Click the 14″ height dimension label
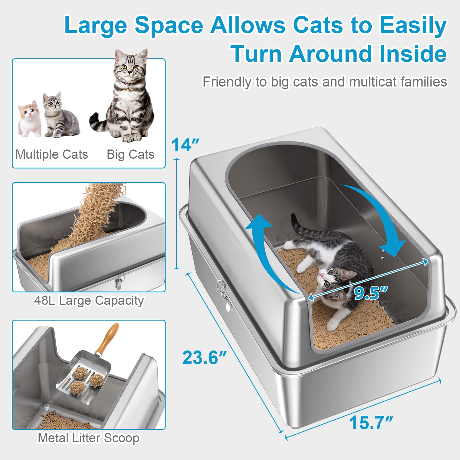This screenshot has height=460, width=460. coord(185,145)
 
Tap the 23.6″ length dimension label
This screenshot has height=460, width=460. coord(204,358)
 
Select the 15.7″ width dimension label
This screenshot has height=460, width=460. coord(371,423)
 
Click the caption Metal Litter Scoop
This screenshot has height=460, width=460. coord(89,438)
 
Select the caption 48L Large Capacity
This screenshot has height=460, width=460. coord(89,300)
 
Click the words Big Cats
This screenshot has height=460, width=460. coord(131,154)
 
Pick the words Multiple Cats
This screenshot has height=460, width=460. coord(52,154)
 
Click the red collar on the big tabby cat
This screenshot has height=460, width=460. coord(129,83)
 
